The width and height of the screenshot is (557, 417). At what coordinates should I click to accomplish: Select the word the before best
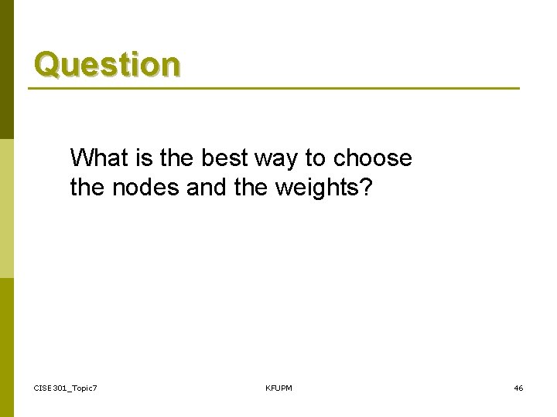[169, 158]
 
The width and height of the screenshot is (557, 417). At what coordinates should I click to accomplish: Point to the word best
[217, 158]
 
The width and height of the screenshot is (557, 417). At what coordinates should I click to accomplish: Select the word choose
[373, 158]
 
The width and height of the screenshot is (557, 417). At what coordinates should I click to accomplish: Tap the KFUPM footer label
[278, 388]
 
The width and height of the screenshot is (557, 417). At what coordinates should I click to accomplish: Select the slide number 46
[518, 388]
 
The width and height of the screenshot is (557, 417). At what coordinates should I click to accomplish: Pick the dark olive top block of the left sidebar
[6, 69]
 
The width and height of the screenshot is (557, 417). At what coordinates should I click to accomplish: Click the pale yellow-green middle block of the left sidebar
[6, 208]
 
